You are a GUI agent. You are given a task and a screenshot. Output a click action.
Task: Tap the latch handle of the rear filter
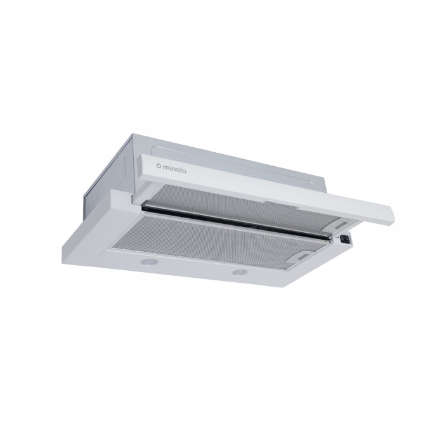341,225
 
